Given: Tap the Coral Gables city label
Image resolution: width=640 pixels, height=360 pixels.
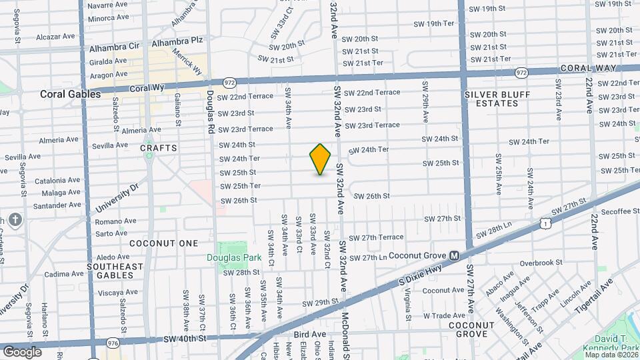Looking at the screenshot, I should (70, 94).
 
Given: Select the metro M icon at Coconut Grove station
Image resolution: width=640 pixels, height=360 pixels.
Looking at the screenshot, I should (454, 255).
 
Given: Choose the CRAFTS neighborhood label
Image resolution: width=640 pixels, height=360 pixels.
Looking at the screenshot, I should (159, 147).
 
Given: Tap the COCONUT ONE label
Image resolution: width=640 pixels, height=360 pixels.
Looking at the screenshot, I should (164, 243).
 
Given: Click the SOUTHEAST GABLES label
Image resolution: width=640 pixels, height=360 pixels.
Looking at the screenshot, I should (115, 271).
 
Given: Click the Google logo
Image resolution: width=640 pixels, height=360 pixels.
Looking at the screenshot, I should (22, 351).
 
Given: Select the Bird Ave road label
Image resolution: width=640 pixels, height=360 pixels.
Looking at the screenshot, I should (309, 334).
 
